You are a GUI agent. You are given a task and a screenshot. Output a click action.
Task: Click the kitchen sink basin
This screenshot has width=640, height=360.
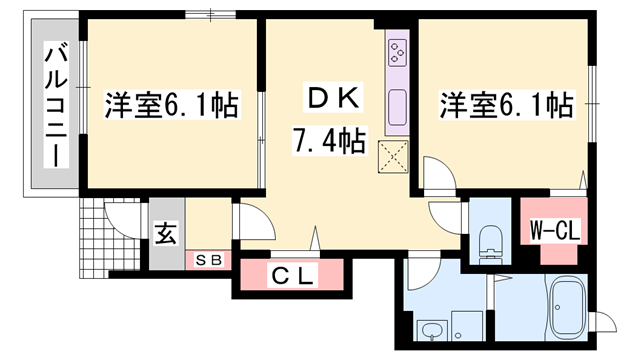[x=396, y=103]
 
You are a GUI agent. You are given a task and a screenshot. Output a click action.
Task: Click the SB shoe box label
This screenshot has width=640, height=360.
[x=211, y=260]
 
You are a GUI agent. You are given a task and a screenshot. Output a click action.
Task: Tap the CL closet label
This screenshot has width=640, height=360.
[x=291, y=276]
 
